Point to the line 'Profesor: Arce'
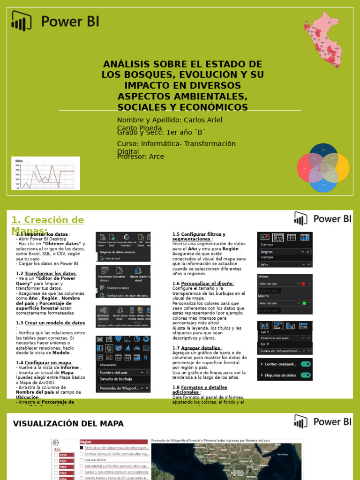tap(141, 157)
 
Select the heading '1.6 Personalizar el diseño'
tap(202, 284)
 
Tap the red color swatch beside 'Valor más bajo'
tap(303, 284)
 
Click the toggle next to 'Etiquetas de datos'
tap(306, 375)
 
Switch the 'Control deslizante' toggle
tap(306, 364)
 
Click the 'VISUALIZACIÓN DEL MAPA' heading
tap(68, 424)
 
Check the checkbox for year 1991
tap(57, 461)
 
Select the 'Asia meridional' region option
tap(96, 460)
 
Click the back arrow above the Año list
tap(56, 442)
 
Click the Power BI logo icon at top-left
tap(22, 21)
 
